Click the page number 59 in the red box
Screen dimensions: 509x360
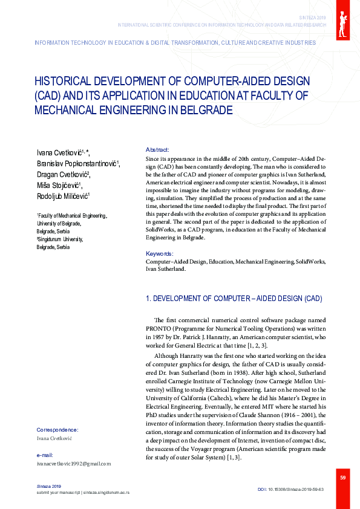click(x=342, y=478)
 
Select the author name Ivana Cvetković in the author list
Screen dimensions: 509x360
click(x=62, y=152)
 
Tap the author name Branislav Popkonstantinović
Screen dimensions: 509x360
click(x=77, y=163)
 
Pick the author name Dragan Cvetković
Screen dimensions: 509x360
click(x=62, y=175)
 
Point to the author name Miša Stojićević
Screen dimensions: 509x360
click(x=59, y=186)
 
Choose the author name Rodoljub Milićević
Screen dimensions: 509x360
click(x=63, y=196)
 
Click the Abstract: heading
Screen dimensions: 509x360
click(x=157, y=149)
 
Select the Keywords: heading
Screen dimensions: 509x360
click(x=160, y=254)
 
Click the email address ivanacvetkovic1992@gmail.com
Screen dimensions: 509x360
click(x=74, y=464)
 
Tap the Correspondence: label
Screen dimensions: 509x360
click(x=57, y=430)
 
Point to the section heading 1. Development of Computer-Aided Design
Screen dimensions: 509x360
click(x=234, y=299)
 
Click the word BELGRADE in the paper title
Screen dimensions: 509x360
click(x=206, y=111)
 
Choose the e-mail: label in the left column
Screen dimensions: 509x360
click(x=45, y=455)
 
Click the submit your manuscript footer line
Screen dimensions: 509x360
click(x=83, y=493)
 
